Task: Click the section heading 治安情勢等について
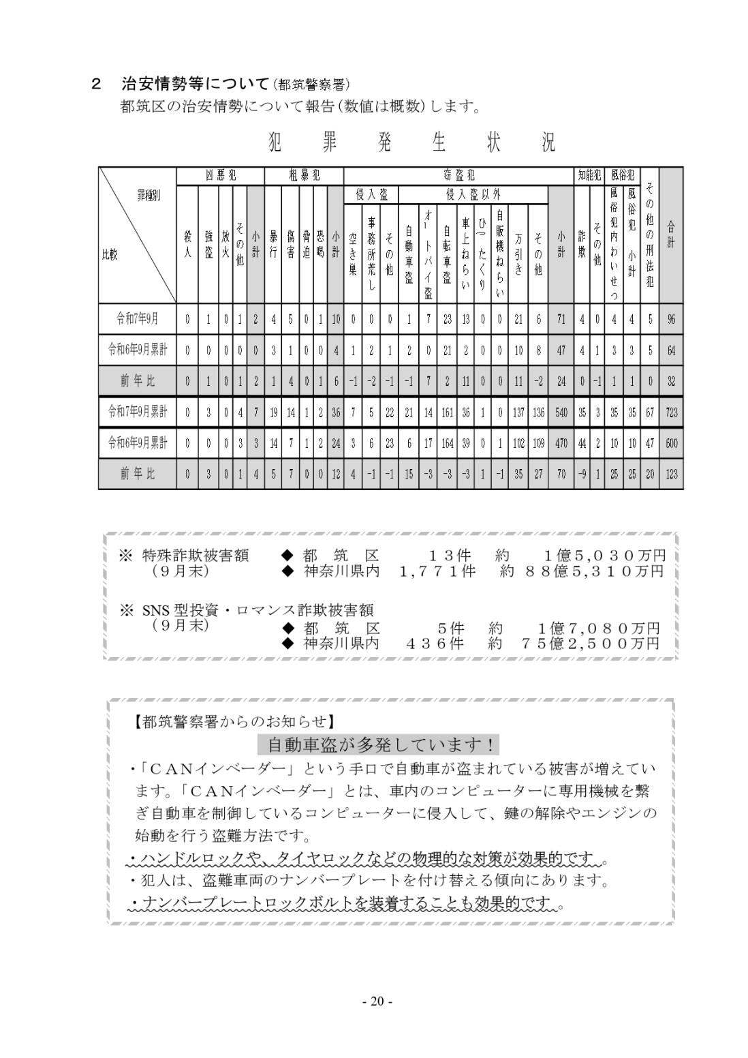pos(196,84)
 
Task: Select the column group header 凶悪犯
pos(220,175)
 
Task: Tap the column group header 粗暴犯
pos(303,175)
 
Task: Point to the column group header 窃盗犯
pos(458,175)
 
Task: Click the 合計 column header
pos(671,235)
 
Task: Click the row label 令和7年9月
pos(138,318)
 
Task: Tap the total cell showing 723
pos(671,412)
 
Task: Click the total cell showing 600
pos(671,443)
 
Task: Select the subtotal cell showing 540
pos(561,412)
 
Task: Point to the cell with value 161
pos(448,412)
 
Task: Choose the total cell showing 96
pos(671,318)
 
